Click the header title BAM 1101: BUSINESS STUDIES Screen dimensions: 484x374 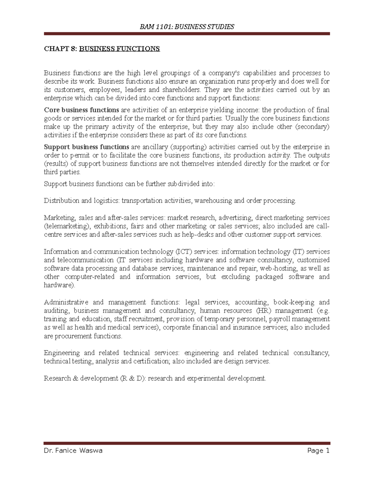click(x=187, y=27)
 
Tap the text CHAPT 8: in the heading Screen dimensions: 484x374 click(x=60, y=49)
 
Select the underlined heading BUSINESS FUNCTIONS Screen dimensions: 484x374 click(x=119, y=49)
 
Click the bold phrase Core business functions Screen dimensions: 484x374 click(x=81, y=110)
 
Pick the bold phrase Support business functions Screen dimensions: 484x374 click(x=86, y=147)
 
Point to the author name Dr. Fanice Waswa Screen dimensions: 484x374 click(x=73, y=451)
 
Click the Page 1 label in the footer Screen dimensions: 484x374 click(x=318, y=451)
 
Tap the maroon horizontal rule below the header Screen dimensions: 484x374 click(x=187, y=34)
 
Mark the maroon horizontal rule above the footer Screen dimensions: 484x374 click(x=187, y=443)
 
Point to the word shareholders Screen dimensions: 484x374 click(x=182, y=90)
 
